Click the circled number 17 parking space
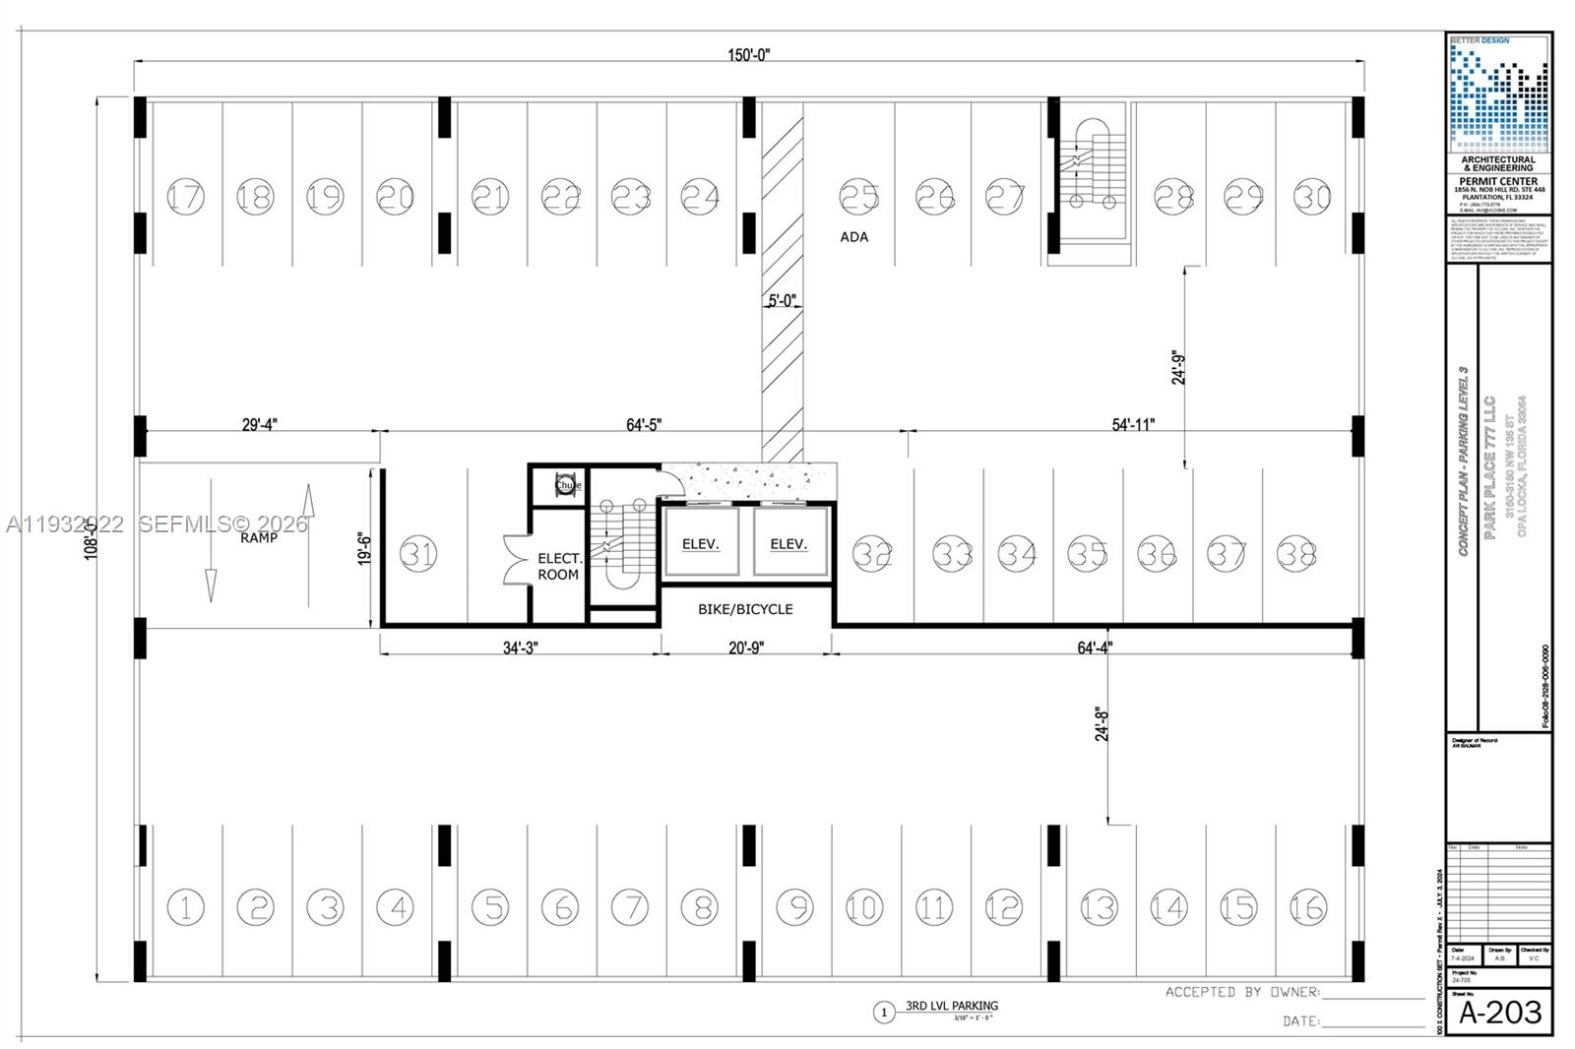pos(185,196)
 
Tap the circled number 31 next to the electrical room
pos(418,554)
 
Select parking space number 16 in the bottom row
pos(1308,906)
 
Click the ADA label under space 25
pos(854,237)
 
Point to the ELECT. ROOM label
pos(559,567)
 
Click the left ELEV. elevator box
pos(701,542)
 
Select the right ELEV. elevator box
pos(788,542)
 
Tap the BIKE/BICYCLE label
pos(745,609)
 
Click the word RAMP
pos(259,537)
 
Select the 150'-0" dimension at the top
pos(749,55)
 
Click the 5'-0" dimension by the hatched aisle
pos(782,300)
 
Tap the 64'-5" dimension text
pos(644,424)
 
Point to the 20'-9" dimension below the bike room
pos(745,648)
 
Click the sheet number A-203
pos(1499,1012)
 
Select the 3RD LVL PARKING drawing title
pos(952,1006)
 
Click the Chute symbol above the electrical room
pos(568,485)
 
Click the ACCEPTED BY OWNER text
pos(1242,992)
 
